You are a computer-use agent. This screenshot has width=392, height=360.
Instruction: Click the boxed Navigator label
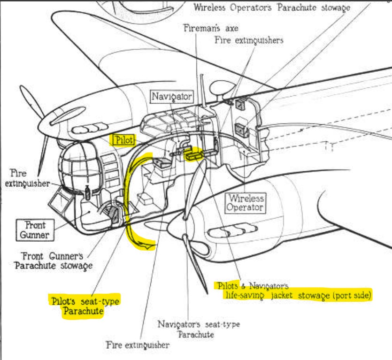coord(172,97)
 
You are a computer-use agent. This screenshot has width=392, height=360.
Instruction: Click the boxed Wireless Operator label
coord(246,202)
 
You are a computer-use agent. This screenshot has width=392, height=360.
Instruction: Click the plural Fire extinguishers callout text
coord(249,40)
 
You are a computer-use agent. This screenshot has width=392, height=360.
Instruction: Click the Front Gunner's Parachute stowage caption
coord(53,261)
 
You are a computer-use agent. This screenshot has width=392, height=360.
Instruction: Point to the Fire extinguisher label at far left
coord(23,178)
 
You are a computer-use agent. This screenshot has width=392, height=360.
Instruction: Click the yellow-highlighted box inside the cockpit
coord(193,154)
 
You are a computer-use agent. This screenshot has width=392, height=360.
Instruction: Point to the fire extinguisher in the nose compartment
coord(87,192)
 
